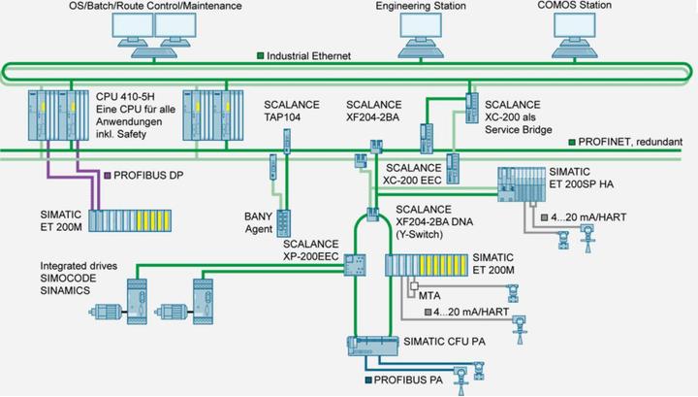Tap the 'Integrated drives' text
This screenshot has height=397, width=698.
(76, 265)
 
